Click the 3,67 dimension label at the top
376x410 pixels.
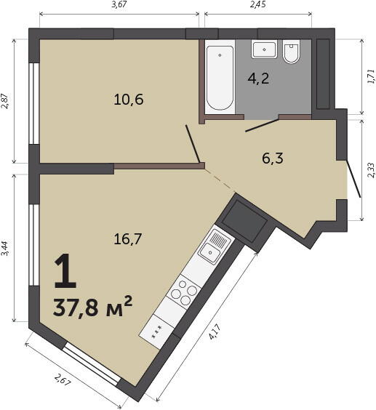tap(119, 4)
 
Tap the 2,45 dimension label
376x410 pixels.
tap(258, 4)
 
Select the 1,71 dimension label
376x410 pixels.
tap(371, 76)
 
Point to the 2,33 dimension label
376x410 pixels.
tap(371, 170)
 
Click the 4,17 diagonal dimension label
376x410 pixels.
tap(215, 331)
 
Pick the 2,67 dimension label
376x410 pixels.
tap(63, 379)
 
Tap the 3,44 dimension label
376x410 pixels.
tap(6, 249)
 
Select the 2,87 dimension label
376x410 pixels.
tap(6, 101)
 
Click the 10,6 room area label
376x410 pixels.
tap(129, 100)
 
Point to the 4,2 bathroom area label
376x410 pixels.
tap(258, 79)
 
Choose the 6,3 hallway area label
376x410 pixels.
tap(273, 158)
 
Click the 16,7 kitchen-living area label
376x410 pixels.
tap(128, 239)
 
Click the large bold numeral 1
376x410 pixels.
tap(65, 270)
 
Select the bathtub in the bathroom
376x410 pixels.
tap(220, 78)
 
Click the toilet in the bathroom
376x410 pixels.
tap(291, 52)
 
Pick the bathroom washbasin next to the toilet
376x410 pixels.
tap(264, 49)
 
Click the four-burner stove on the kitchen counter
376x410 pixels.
tap(184, 292)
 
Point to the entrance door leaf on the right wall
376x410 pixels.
tap(353, 179)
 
